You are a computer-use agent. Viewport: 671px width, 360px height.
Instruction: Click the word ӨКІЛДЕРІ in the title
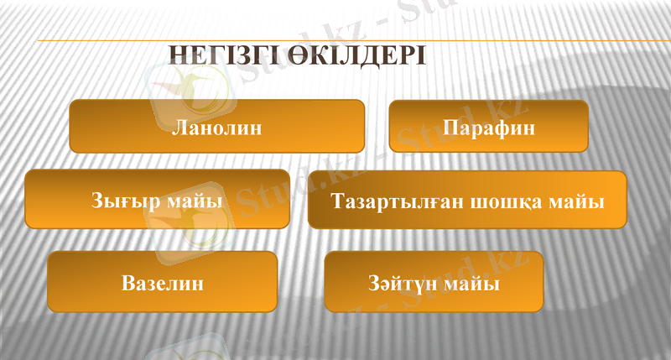pyautogui.click(x=357, y=56)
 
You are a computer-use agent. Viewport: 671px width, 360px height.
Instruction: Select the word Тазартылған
pyautogui.click(x=397, y=202)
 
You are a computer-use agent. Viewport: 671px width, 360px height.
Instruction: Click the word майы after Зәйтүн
pyautogui.click(x=473, y=284)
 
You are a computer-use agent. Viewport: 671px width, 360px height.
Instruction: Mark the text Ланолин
pyautogui.click(x=216, y=128)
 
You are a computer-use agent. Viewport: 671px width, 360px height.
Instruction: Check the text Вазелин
pyautogui.click(x=162, y=284)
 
